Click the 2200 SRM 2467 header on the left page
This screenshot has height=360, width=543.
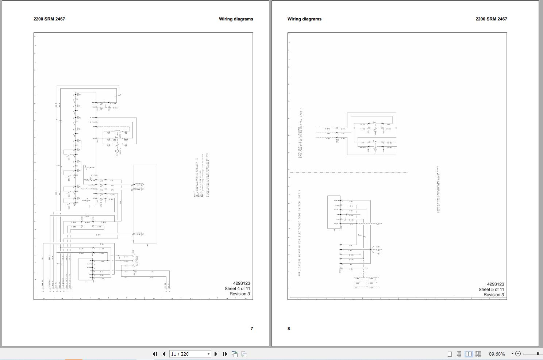tap(49, 19)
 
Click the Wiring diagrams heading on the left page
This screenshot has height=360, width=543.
tap(236, 19)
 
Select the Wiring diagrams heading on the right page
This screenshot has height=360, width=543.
tap(304, 19)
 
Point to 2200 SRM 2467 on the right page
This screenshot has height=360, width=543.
tap(491, 19)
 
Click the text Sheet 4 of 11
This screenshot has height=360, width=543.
tap(237, 288)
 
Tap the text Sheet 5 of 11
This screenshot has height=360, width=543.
tap(491, 290)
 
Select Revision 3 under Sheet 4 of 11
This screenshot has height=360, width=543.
tap(240, 294)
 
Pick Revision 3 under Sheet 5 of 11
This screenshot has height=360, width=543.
tap(494, 295)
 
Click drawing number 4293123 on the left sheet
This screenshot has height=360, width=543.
tap(242, 283)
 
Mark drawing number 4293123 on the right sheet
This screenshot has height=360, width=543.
tap(496, 284)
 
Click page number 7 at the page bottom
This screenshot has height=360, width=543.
tap(252, 329)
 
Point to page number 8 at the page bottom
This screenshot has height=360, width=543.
tap(289, 329)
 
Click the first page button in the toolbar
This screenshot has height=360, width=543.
tap(155, 354)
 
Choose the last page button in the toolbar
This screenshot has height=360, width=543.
tap(225, 354)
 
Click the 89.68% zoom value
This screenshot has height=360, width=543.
tap(497, 354)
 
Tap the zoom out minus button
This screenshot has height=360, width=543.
tap(518, 354)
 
